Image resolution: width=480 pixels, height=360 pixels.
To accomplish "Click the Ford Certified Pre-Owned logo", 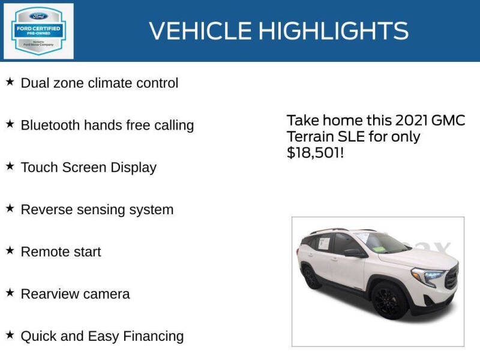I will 39,31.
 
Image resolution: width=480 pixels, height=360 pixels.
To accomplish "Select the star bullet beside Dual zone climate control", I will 10,82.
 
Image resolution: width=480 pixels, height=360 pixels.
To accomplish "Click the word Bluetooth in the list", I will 50,125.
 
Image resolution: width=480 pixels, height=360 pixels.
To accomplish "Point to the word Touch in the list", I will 38,167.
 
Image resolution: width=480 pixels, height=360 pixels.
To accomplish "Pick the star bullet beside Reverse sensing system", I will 10,208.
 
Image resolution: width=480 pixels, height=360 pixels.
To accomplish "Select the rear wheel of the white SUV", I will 311,278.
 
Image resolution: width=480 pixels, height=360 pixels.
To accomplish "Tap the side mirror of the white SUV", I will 353,253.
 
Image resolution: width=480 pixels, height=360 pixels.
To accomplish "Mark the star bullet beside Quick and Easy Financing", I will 10,335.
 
